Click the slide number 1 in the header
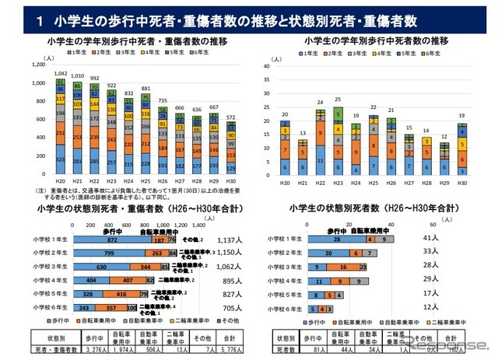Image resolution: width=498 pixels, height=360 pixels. [x=40, y=23]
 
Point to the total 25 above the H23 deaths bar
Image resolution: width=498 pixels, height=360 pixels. [x=337, y=100]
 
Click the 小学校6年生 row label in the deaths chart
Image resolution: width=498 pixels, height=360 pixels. [x=285, y=309]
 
